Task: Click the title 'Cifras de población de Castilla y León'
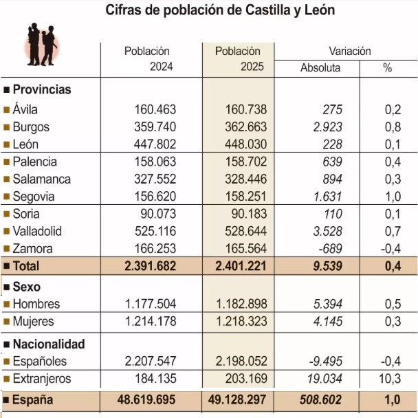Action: coord(220,12)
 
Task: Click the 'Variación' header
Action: coord(349,51)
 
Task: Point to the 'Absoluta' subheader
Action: coord(320,68)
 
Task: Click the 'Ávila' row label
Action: coord(25,109)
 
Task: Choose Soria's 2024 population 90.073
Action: coord(155,214)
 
